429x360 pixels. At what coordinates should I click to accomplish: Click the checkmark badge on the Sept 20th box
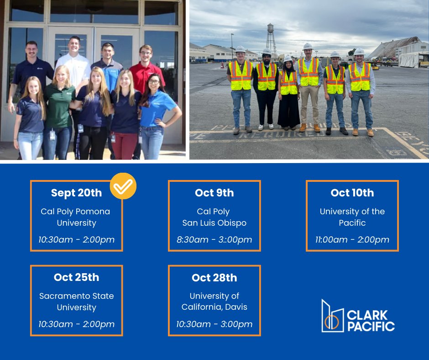click(123, 186)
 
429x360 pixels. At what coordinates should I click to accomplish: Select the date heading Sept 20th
click(76, 193)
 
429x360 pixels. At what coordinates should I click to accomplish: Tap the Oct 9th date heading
click(214, 193)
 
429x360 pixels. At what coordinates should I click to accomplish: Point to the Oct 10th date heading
click(352, 193)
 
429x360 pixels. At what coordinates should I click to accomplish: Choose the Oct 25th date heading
click(76, 277)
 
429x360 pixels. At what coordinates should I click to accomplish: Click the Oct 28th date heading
click(214, 277)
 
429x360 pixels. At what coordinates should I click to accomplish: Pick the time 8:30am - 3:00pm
click(214, 240)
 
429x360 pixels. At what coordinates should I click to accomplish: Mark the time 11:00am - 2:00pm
click(352, 240)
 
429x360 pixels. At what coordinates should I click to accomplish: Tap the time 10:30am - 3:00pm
click(214, 324)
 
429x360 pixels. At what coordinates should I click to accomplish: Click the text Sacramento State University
click(76, 302)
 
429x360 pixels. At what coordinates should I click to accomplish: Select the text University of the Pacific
click(352, 217)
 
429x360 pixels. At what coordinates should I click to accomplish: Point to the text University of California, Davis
click(214, 302)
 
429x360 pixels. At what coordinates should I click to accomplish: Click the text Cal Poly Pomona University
click(76, 217)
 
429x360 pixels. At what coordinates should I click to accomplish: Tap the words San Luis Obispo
click(214, 223)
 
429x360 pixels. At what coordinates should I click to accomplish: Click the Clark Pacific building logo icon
click(332, 316)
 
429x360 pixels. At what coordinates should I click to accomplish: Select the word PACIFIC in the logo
click(371, 326)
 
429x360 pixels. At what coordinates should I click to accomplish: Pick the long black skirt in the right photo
click(288, 112)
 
